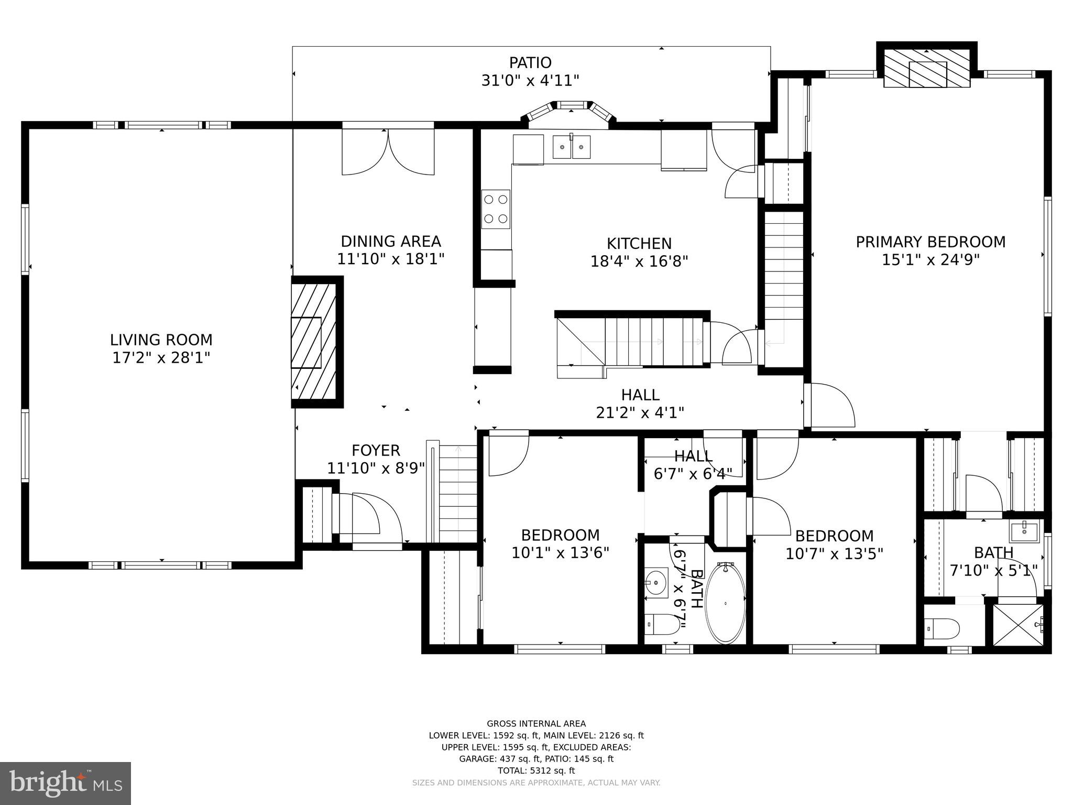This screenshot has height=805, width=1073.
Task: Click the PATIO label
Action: [x=530, y=63]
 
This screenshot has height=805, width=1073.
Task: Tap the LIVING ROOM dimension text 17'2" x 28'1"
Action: [x=161, y=358]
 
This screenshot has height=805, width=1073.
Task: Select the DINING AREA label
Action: [x=391, y=242]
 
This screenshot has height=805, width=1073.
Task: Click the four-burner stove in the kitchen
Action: [x=496, y=209]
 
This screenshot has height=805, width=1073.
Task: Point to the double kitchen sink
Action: [x=572, y=147]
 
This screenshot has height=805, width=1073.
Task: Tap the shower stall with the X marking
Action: [x=1018, y=625]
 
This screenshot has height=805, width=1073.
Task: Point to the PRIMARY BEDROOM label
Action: [x=930, y=242]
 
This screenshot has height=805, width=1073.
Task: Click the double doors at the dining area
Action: [x=388, y=152]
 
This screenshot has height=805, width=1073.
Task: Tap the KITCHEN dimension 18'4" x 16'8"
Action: [x=639, y=261]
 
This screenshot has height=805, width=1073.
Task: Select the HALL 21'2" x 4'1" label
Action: [x=640, y=404]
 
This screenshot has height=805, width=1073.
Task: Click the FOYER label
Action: [x=376, y=451]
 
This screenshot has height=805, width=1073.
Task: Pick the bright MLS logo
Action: [x=65, y=784]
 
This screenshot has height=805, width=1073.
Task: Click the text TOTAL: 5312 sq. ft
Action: [x=536, y=770]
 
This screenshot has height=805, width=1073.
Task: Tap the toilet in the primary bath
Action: [x=941, y=627]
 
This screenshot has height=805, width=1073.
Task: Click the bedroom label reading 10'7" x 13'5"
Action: [x=834, y=553]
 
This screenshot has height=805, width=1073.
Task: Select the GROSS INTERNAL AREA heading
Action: [x=536, y=724]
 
